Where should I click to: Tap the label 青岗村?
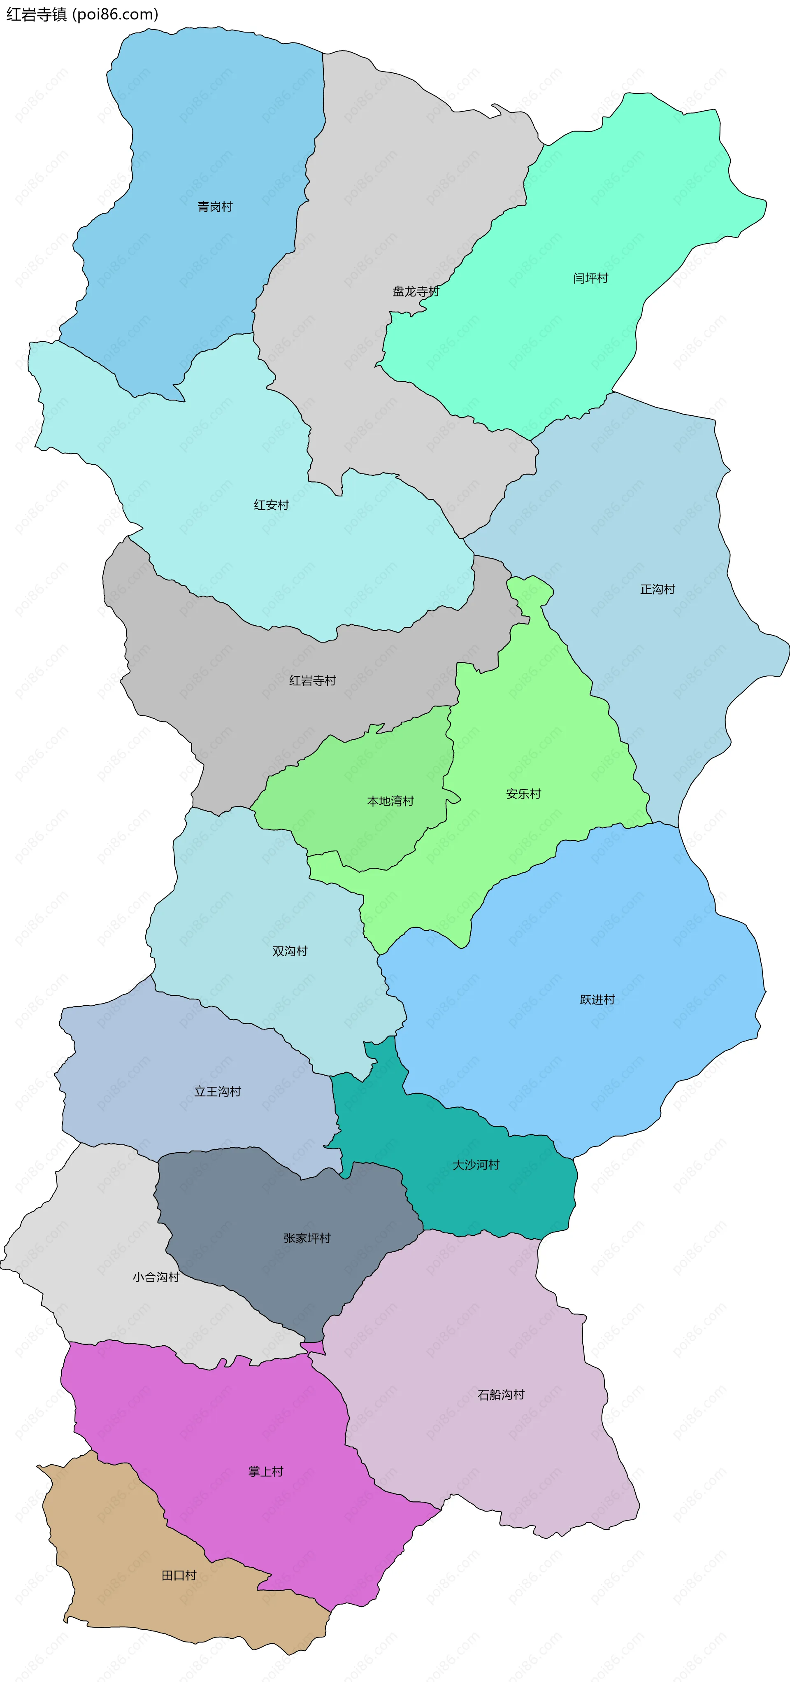(215, 207)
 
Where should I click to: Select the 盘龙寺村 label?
(415, 291)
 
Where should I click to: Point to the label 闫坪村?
(590, 278)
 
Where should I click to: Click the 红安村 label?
(271, 505)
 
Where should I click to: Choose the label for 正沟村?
(657, 589)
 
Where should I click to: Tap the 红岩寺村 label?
(312, 680)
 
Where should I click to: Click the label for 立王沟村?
(217, 1091)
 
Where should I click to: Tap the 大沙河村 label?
(476, 1165)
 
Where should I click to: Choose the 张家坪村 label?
(307, 1238)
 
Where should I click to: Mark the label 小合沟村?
(156, 1277)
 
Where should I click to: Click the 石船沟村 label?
(501, 1395)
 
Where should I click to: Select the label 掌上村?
(266, 1472)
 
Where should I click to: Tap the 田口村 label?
(179, 1575)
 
